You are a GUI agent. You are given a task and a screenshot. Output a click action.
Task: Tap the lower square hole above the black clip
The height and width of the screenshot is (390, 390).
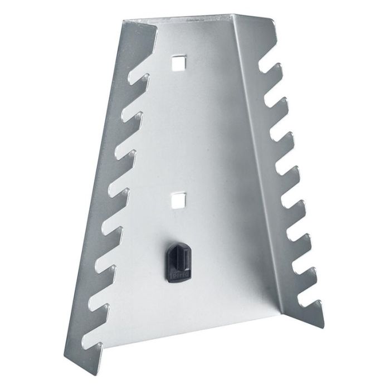(178, 199)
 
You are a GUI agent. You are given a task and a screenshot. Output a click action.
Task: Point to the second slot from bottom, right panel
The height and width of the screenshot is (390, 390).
(302, 272)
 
